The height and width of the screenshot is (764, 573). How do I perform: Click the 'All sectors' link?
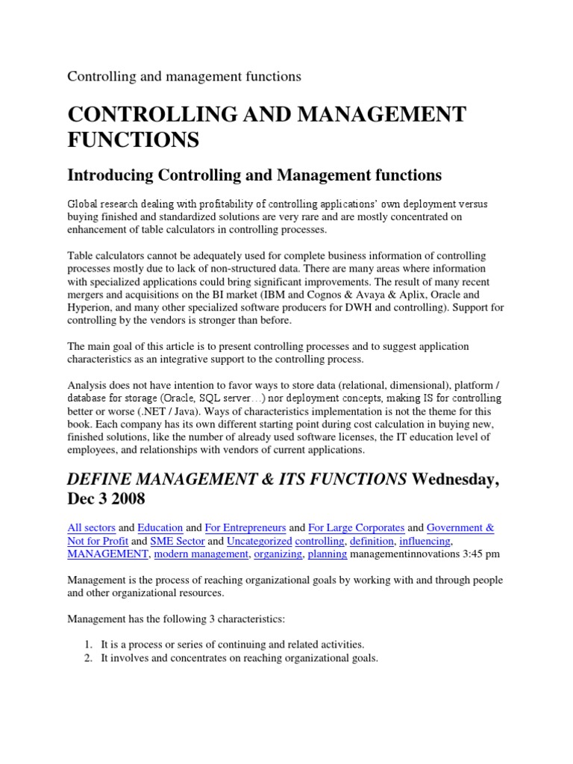coord(91,527)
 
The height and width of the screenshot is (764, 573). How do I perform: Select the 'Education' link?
coord(161,527)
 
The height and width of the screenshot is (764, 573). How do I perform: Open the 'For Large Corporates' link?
coord(357,527)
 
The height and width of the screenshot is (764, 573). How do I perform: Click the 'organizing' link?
coord(278,554)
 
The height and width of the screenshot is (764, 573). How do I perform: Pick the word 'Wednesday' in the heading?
coord(454,479)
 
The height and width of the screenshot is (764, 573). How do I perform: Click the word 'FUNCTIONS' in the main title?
coord(134,139)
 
